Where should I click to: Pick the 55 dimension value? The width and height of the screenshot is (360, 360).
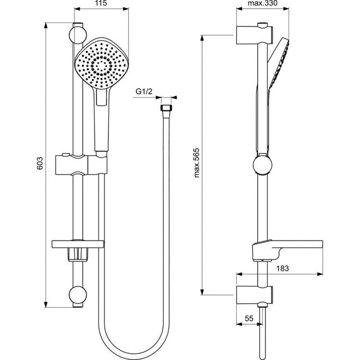coord(249,318)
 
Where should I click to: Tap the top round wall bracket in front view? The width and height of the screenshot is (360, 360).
coord(77,34)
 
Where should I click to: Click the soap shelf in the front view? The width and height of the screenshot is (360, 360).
coord(77,244)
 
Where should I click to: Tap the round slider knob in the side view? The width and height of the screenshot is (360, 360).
coord(262,166)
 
